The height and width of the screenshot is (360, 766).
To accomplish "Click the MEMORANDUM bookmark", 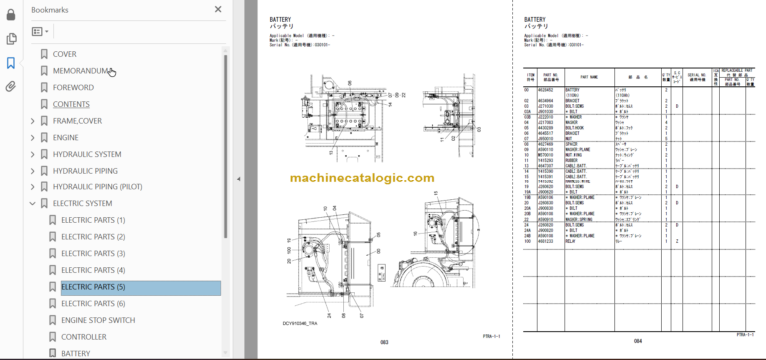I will click(x=84, y=70).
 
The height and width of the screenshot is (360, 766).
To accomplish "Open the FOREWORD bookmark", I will click(x=73, y=87).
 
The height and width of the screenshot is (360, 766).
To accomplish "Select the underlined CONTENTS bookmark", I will click(x=71, y=104).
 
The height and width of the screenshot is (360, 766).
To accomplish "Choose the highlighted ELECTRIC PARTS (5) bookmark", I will click(x=93, y=287).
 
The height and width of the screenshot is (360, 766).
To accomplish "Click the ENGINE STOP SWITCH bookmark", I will click(x=98, y=320).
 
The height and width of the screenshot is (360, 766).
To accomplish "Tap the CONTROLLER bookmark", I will click(x=83, y=337).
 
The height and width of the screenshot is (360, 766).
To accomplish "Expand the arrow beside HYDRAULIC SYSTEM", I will click(x=32, y=154).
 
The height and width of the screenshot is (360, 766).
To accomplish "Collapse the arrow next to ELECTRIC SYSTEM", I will click(x=32, y=203).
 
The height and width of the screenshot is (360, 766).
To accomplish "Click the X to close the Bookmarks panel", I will click(x=218, y=9).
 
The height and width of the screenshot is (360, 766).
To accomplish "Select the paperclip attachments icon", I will click(x=11, y=86).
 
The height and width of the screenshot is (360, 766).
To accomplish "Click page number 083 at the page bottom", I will click(x=383, y=342).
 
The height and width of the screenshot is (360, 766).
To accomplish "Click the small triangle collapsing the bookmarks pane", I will click(x=239, y=180).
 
